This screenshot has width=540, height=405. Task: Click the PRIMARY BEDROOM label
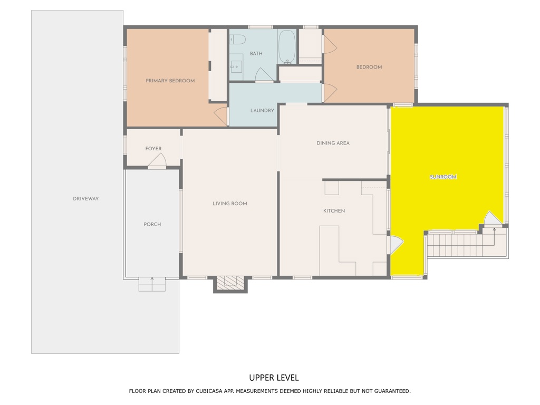(x=170, y=81)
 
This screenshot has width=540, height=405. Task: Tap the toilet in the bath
(x=238, y=39)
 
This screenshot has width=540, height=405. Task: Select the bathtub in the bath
(x=287, y=46)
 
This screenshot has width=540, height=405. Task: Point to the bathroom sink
(x=236, y=66)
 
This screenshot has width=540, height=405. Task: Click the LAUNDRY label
(x=262, y=111)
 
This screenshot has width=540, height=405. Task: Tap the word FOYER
(x=153, y=148)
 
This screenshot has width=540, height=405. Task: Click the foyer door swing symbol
(x=157, y=160)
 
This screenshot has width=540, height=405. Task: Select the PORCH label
(x=152, y=224)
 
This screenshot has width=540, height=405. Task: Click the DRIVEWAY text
(x=86, y=199)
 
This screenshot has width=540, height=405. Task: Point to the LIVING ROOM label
(x=230, y=204)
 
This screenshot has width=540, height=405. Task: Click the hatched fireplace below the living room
(x=230, y=284)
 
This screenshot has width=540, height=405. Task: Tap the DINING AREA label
(x=333, y=143)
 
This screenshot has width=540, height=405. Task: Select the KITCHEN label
(x=334, y=211)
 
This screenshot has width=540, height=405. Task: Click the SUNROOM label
(x=443, y=177)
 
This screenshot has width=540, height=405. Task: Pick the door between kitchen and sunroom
(x=395, y=245)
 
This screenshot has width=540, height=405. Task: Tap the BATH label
(x=256, y=53)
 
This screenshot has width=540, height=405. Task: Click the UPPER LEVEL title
(x=274, y=378)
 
